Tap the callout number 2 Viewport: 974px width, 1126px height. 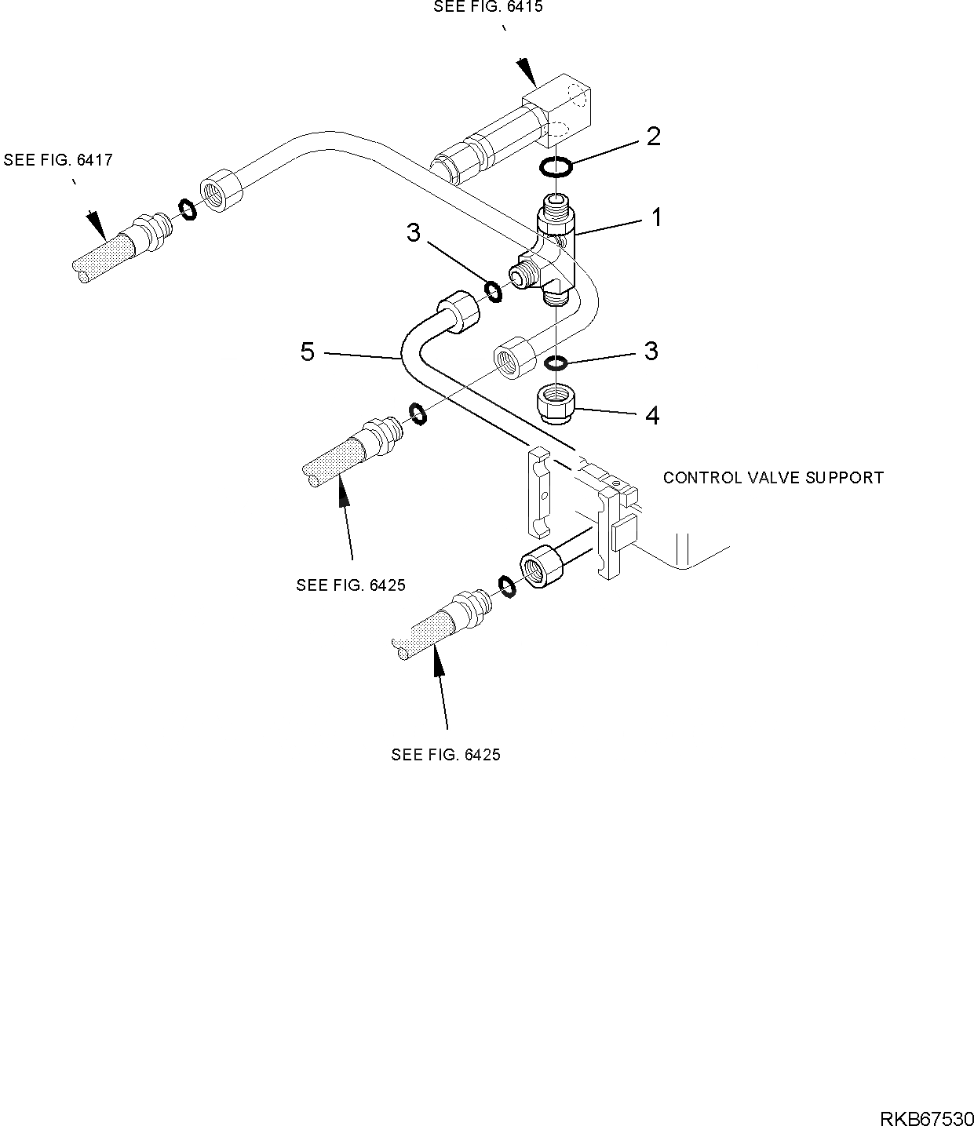653,137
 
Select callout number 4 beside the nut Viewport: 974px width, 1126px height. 652,415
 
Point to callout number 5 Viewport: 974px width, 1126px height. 308,352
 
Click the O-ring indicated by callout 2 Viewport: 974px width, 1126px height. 556,166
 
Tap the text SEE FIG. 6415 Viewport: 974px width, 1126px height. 488,7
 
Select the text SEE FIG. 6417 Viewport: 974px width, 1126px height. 58,160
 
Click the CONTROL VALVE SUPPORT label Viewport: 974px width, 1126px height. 773,477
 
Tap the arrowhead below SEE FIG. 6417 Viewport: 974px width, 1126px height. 97,225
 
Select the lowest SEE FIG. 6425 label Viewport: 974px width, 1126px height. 446,755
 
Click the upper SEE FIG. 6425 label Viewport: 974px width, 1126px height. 351,585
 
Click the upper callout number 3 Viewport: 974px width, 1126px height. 413,232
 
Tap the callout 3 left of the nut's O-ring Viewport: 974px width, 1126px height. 651,351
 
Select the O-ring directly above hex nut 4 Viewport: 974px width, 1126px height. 556,363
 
